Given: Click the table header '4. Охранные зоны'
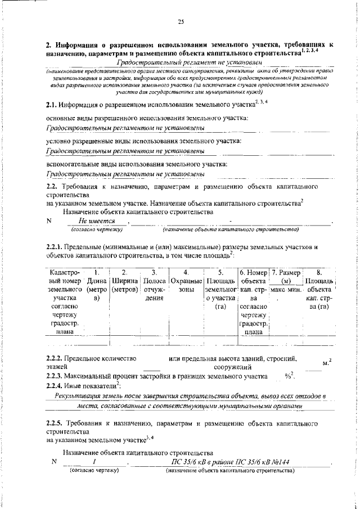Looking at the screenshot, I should [186, 280].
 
